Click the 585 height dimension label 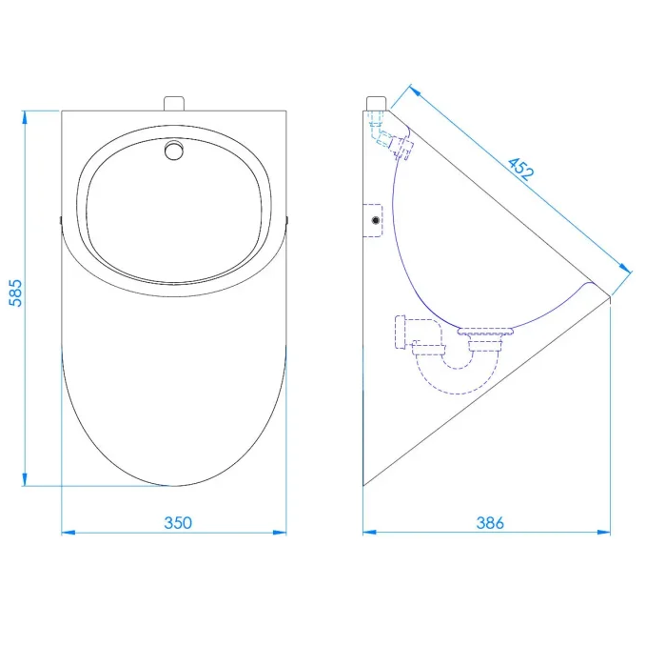[15, 293]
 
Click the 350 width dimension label [178, 523]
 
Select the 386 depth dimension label [490, 523]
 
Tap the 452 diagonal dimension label [520, 169]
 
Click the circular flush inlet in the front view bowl [174, 151]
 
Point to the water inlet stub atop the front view [174, 104]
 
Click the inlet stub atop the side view [376, 104]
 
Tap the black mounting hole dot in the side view [375, 220]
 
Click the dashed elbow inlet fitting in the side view [389, 136]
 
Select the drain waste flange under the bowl [486, 332]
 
